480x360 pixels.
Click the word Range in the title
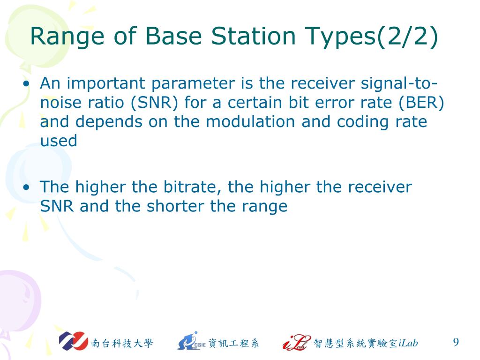(x=67, y=37)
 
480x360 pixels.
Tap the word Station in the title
(x=253, y=36)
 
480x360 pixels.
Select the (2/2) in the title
(x=407, y=37)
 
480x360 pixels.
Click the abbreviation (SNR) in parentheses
(x=154, y=103)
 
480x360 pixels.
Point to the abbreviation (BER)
(x=421, y=103)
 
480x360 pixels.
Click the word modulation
(x=251, y=121)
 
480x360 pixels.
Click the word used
(x=59, y=141)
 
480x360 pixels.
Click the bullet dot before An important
(x=27, y=83)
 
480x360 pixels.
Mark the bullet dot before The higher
(x=27, y=187)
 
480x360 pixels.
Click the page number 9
(x=456, y=342)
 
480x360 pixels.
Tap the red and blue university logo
(x=74, y=341)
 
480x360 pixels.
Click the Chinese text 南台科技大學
(x=122, y=343)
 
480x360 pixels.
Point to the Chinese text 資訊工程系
(x=233, y=343)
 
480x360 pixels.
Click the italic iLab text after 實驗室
(x=408, y=343)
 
